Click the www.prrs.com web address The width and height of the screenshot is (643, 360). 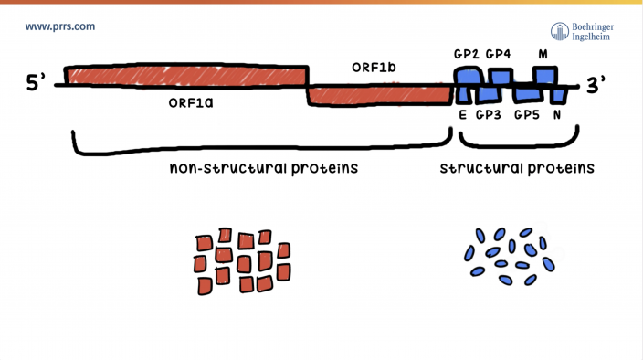pos(60,26)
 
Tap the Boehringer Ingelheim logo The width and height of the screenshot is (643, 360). pos(582,31)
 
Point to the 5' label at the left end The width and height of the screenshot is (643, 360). pos(36,84)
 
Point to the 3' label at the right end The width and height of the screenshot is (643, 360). pos(596,85)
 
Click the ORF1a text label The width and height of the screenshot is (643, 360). pos(191,103)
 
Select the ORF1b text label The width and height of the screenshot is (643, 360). pos(374,68)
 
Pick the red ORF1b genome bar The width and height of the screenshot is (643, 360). pos(378,94)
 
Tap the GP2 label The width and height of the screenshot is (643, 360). pos(466,54)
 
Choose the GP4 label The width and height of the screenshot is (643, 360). pos(498,54)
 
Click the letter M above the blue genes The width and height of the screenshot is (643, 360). pos(543,54)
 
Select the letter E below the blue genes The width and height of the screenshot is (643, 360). pos(462,115)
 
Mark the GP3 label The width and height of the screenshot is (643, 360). pos(489,115)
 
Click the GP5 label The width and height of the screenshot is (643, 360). pos(527,115)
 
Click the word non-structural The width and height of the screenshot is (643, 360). pos(228,169)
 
